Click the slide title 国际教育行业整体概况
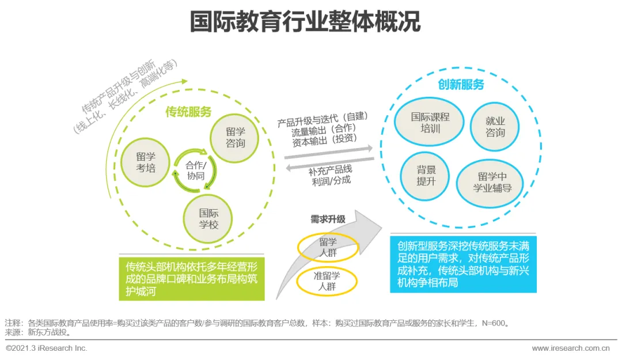point(305,21)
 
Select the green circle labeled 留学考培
point(146,162)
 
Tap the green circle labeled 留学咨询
point(236,137)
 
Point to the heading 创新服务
point(461,85)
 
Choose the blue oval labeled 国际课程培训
point(430,122)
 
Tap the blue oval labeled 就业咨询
point(495,127)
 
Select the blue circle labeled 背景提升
point(426,175)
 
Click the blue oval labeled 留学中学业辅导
point(491,182)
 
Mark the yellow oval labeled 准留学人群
point(327,281)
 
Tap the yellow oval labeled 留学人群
point(328,247)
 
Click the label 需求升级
point(328,219)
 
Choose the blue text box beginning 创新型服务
point(463,263)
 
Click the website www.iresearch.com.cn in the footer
point(570,348)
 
